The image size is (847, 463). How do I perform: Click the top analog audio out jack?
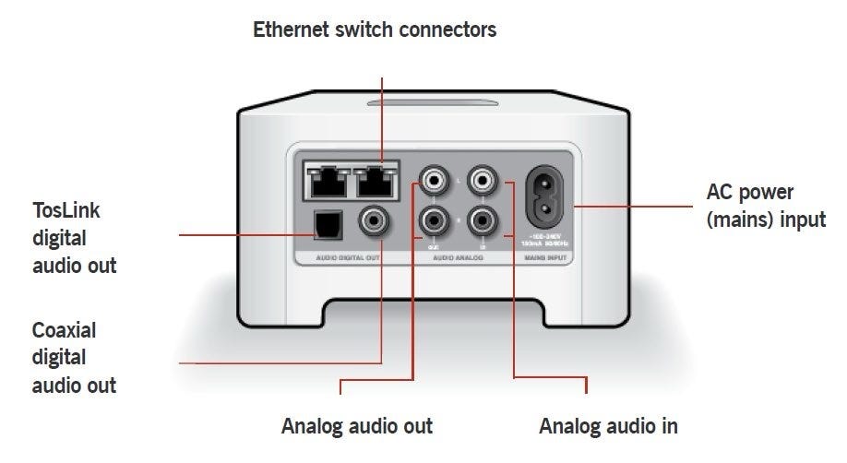(x=433, y=179)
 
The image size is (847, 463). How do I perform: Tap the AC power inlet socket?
(x=551, y=197)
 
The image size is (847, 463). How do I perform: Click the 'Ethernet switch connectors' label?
(x=375, y=30)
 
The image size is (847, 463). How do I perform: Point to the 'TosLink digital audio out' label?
(x=74, y=238)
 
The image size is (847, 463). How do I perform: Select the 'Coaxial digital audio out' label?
(x=74, y=357)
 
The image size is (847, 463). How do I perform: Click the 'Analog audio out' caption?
(x=356, y=427)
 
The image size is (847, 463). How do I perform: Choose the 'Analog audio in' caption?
(x=608, y=427)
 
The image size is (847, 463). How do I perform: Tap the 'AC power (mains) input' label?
(x=765, y=206)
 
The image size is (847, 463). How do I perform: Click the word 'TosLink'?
(x=66, y=211)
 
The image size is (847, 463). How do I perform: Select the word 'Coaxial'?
(x=64, y=330)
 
